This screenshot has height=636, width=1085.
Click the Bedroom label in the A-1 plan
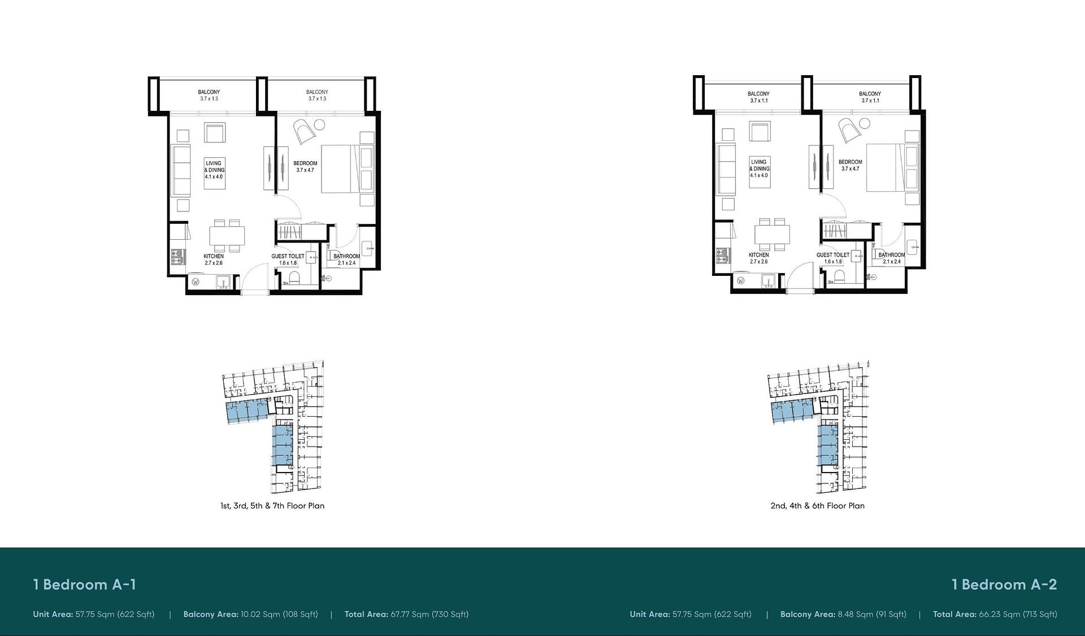click(305, 163)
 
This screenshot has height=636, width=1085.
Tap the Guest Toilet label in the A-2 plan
click(833, 255)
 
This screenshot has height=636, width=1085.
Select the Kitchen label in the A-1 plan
click(214, 256)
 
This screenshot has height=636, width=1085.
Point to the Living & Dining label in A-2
click(759, 165)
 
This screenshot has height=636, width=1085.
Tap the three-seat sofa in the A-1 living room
click(181, 170)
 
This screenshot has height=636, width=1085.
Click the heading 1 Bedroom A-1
click(85, 585)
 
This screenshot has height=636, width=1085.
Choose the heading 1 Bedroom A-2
click(1004, 585)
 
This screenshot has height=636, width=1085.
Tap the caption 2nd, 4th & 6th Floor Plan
click(818, 506)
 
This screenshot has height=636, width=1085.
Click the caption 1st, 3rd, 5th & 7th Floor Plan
click(272, 506)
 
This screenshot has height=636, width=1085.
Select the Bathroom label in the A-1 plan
click(346, 256)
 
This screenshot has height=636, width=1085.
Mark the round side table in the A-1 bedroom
click(319, 125)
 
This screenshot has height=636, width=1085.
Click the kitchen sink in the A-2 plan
click(768, 281)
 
